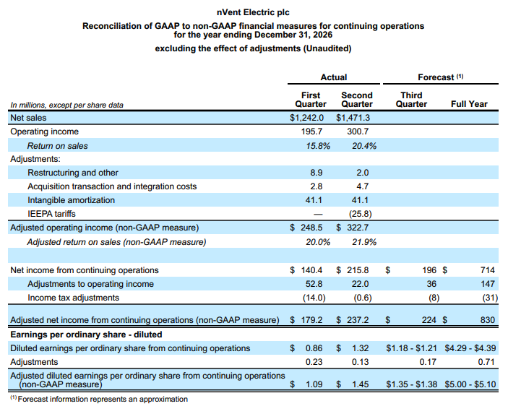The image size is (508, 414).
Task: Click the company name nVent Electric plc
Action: [x=253, y=12]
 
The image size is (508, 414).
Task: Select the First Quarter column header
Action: [x=311, y=100]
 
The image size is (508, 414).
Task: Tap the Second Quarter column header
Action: [x=357, y=100]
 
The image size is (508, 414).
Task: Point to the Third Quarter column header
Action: [x=411, y=100]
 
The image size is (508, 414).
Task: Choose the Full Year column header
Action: [x=469, y=104]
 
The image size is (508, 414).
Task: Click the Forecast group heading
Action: [x=441, y=77]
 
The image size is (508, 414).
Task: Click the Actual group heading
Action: [x=334, y=77]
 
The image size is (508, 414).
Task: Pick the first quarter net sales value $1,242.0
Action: [x=306, y=118]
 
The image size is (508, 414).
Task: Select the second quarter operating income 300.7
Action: [x=358, y=131]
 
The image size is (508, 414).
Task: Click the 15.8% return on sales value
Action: [x=318, y=146]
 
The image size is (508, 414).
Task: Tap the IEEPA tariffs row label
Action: [x=51, y=214]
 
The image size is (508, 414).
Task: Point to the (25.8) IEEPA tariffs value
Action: [x=361, y=214]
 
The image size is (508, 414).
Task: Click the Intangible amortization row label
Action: [x=72, y=200]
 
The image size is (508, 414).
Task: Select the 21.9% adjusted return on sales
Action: [x=364, y=242]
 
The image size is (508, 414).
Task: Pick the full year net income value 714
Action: [x=488, y=270]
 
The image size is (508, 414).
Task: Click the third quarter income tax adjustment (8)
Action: [x=434, y=298]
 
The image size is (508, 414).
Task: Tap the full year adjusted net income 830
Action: [x=488, y=320]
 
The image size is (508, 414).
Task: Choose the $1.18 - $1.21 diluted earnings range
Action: [x=411, y=348]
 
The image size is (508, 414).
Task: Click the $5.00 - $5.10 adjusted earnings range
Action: [x=470, y=384]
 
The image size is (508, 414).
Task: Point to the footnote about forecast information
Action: [x=99, y=399]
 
